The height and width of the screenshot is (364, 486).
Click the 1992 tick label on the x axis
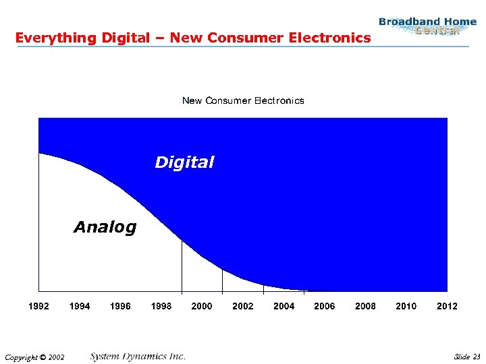[x=38, y=306]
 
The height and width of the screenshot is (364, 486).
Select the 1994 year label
[x=80, y=306]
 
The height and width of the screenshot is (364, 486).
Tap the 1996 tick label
[x=120, y=306]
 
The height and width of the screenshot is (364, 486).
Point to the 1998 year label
[x=161, y=306]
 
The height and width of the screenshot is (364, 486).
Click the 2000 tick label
[x=202, y=306]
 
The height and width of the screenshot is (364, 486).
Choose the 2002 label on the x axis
[x=243, y=306]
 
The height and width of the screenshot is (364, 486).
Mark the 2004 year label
[x=284, y=306]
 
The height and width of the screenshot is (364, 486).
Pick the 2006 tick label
[x=325, y=306]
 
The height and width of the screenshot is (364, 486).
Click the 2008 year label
[x=365, y=306]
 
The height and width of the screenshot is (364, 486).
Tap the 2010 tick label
[x=406, y=306]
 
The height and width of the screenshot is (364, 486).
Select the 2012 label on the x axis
[x=447, y=306]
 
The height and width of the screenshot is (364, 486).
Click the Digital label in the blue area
[x=184, y=162]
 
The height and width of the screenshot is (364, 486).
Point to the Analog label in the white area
[x=105, y=227]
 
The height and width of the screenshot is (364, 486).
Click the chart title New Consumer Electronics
[x=243, y=100]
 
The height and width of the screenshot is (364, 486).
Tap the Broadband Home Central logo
[x=427, y=26]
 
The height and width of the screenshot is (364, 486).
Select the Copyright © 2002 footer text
[x=34, y=357]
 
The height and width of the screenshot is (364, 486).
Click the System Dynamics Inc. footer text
[x=138, y=356]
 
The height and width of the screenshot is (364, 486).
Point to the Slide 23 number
[x=467, y=356]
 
